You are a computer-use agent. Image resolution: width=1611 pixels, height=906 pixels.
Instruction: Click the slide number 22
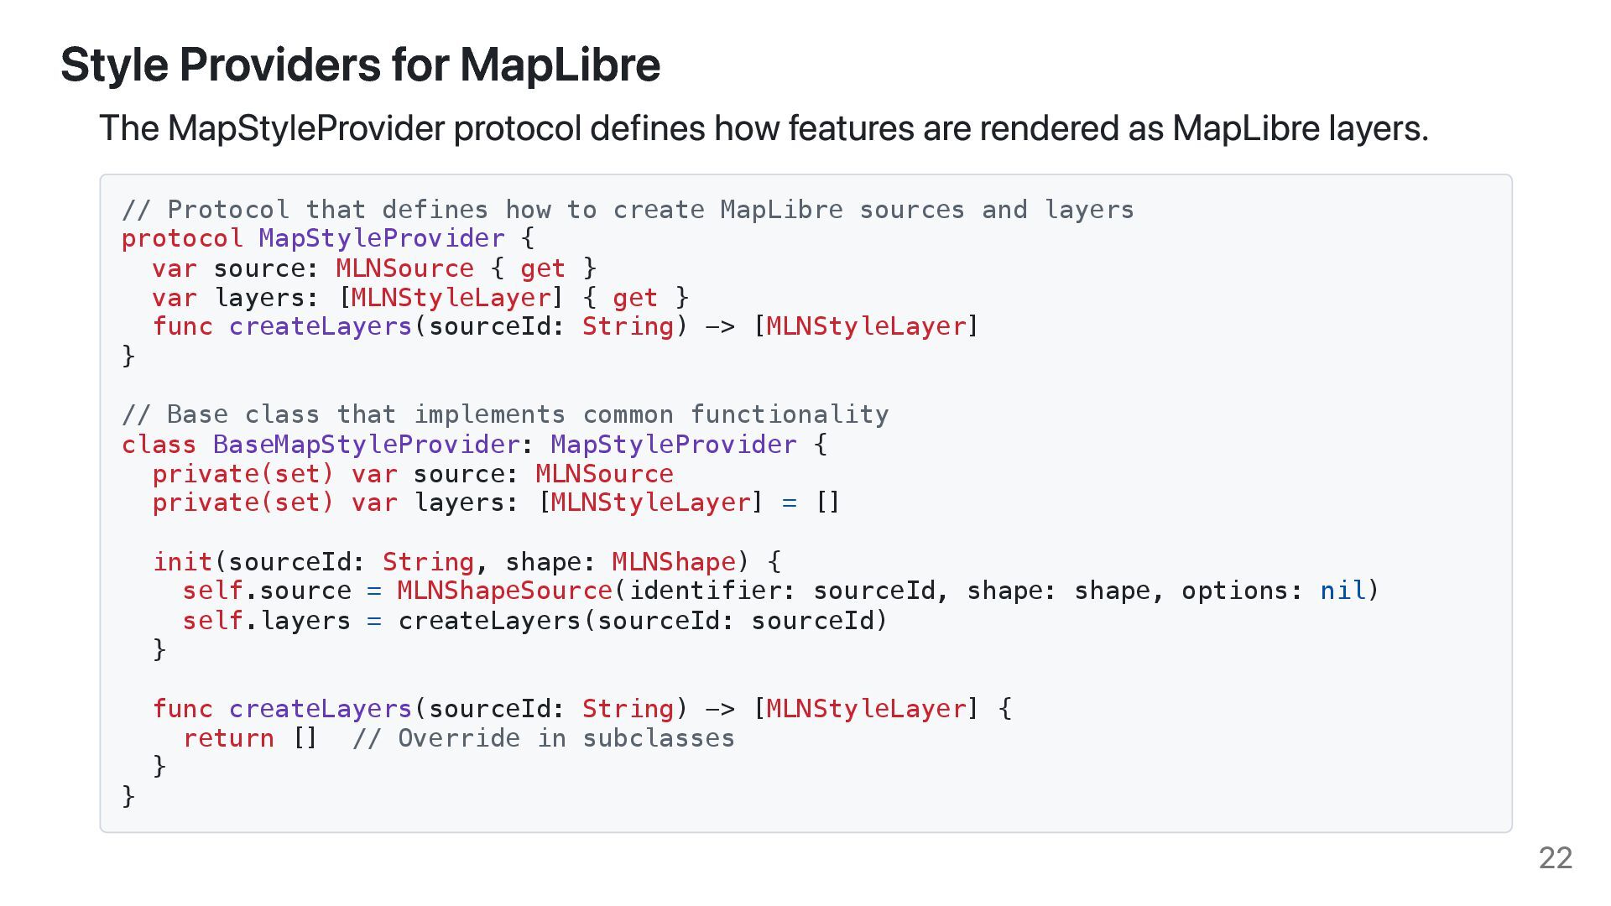tap(1555, 857)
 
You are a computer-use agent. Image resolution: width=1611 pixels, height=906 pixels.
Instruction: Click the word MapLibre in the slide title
tap(560, 65)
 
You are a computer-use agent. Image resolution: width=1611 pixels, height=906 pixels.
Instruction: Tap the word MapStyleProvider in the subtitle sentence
tap(305, 128)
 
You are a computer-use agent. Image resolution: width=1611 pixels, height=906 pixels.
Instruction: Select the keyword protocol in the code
tap(182, 238)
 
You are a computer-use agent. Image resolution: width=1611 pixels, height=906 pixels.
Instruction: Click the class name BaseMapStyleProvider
tap(367, 444)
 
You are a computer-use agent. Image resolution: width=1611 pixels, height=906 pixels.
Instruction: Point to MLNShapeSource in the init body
tap(504, 591)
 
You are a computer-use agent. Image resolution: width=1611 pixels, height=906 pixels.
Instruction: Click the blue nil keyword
tap(1342, 591)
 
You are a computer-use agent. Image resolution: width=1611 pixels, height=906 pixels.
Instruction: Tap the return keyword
tap(228, 738)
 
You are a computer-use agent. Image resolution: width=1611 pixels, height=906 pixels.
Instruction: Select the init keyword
tap(183, 561)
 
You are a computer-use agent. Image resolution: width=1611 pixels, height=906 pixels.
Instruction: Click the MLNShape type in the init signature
tap(674, 561)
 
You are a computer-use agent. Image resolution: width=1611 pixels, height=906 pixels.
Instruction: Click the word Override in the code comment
tap(458, 738)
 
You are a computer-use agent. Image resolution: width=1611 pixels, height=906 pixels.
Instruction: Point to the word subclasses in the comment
tap(659, 738)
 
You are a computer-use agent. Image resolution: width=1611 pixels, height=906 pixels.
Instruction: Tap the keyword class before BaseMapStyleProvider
tap(159, 444)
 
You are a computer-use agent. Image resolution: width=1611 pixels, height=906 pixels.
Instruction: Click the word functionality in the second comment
tap(790, 414)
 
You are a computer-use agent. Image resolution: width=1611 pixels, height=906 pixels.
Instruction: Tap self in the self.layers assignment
tap(212, 621)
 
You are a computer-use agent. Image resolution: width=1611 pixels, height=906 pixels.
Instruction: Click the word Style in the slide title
tap(114, 65)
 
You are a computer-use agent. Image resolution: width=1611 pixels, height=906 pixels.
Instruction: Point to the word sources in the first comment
tap(912, 210)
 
